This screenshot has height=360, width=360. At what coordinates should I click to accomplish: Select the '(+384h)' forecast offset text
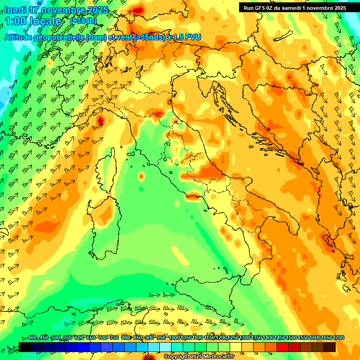83,21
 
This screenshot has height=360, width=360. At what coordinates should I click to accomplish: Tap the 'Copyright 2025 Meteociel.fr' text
198,357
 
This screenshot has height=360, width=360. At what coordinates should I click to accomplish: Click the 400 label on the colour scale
32,338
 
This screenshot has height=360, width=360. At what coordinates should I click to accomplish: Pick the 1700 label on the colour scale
327,338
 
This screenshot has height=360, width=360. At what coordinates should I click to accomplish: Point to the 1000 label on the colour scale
174,338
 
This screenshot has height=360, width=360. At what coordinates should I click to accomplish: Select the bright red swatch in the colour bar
283,347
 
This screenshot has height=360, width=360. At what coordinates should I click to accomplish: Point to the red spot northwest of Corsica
100,120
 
